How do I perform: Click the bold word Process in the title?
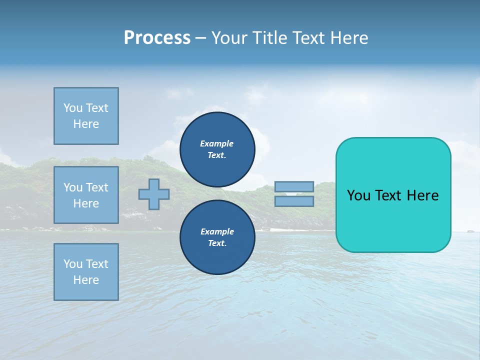pos(157,38)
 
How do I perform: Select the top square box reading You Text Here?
pos(86,116)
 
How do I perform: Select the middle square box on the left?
pos(86,195)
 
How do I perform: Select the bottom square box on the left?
pos(86,272)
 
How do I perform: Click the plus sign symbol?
pos(154,194)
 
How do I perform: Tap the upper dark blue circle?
pos(217,149)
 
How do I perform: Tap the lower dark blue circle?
pos(217,237)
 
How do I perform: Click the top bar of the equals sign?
pos(294,187)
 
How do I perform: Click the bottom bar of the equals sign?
pos(294,201)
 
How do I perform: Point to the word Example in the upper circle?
pos(217,143)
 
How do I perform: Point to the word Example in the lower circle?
pos(217,231)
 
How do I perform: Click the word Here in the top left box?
pos(86,124)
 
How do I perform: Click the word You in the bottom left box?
pos(73,264)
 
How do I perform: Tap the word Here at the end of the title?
pos(348,38)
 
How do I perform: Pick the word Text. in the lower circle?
pos(217,243)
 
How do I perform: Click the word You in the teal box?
pos(358,195)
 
